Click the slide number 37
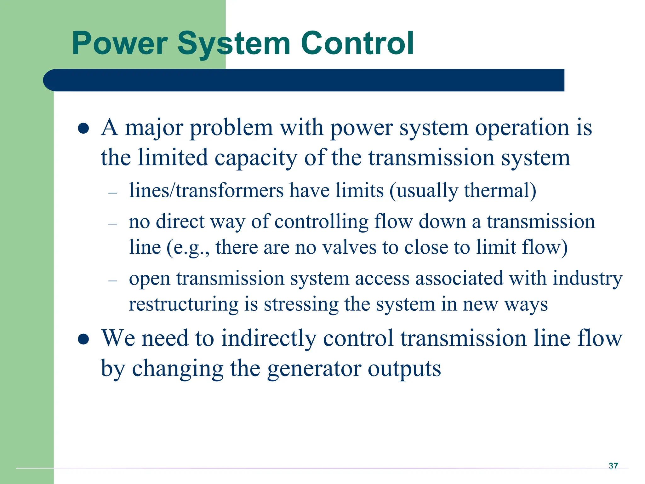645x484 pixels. pyautogui.click(x=613, y=466)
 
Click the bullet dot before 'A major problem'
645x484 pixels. pyautogui.click(x=83, y=129)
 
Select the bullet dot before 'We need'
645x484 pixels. pyautogui.click(x=83, y=339)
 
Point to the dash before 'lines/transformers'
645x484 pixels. pyautogui.click(x=112, y=193)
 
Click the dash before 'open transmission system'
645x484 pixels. pyautogui.click(x=112, y=280)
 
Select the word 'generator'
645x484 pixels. pyautogui.click(x=314, y=369)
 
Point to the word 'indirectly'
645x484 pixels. pyautogui.click(x=268, y=338)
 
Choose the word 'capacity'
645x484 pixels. pyautogui.click(x=256, y=158)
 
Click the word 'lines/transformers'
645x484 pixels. pyautogui.click(x=206, y=191)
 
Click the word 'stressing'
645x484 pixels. pyautogui.click(x=301, y=305)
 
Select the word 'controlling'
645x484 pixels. pyautogui.click(x=321, y=222)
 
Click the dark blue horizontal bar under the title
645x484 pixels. pyautogui.click(x=304, y=80)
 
